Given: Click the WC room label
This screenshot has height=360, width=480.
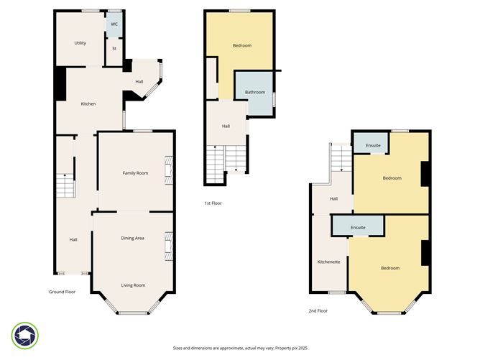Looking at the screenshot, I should tap(114, 24).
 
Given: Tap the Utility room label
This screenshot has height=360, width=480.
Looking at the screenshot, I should tap(80, 43).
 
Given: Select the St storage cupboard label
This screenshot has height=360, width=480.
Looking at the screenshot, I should tap(114, 49).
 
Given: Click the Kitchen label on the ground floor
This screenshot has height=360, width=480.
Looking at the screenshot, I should tap(88, 104).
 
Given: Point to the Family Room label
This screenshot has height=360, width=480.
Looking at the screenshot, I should tap(135, 173).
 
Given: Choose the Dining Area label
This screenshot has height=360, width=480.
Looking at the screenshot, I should tap(133, 238).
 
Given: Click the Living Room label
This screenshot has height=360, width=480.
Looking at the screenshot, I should tap(133, 285).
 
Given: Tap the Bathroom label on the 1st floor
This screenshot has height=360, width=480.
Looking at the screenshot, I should tap(255, 92).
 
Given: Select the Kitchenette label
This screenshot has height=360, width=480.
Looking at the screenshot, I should tap(328, 262).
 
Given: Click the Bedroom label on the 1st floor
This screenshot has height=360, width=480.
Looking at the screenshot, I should tap(242, 46).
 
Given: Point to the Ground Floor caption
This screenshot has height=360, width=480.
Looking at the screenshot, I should tap(62, 292).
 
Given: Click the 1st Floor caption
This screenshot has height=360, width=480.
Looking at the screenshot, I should tap(213, 203).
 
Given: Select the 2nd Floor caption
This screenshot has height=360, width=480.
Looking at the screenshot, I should tap(318, 311).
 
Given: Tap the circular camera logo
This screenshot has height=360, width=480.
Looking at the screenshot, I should tap(25, 336).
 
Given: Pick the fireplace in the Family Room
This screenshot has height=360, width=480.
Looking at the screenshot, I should tap(170, 170).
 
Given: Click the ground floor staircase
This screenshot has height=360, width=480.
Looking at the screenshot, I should tap(65, 186).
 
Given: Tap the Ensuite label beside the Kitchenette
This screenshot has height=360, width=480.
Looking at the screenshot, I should tap(358, 228).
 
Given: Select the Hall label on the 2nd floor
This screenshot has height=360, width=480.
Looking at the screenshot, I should tap(333, 199).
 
